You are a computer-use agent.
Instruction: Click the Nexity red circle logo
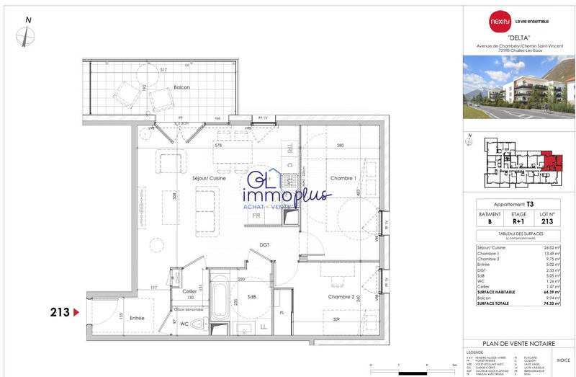pos(495,21)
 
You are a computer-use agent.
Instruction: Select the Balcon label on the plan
pos(182,87)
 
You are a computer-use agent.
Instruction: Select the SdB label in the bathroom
pos(251,298)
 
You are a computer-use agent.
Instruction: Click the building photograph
pos(518,87)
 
